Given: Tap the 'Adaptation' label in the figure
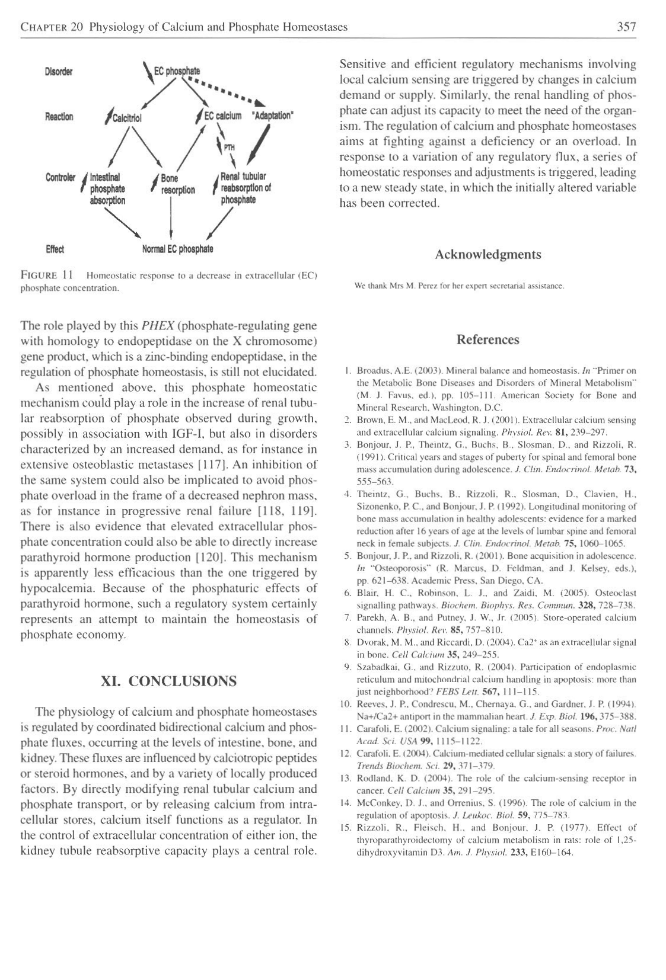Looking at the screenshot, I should click(274, 116).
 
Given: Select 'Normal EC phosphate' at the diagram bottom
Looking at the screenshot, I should click(178, 248).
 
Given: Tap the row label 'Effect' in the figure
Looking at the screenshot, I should click(55, 248).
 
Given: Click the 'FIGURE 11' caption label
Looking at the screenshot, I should click(47, 276).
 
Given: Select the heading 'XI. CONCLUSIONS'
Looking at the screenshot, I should click(168, 680).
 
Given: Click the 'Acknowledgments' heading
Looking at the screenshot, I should click(487, 255).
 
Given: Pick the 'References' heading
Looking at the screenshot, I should click(487, 340).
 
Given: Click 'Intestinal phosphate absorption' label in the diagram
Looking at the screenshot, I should click(107, 188).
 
